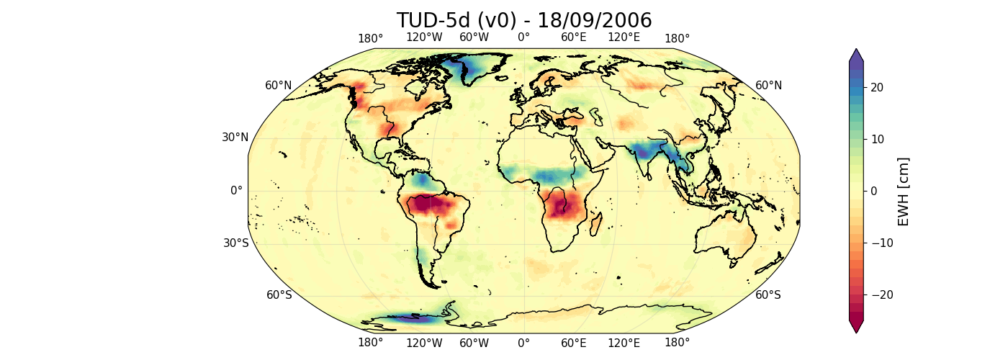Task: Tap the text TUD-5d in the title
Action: [x=430, y=20]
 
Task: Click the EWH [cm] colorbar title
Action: [x=904, y=191]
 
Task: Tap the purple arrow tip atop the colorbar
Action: [x=855, y=54]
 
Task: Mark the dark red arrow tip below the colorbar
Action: [x=855, y=328]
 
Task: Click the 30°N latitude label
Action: [x=235, y=138]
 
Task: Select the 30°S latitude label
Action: [x=235, y=243]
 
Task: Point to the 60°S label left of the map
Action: [x=279, y=294]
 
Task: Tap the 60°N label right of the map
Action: [x=768, y=86]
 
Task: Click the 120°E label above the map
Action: [x=624, y=38]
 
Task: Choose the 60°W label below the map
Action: [x=474, y=343]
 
